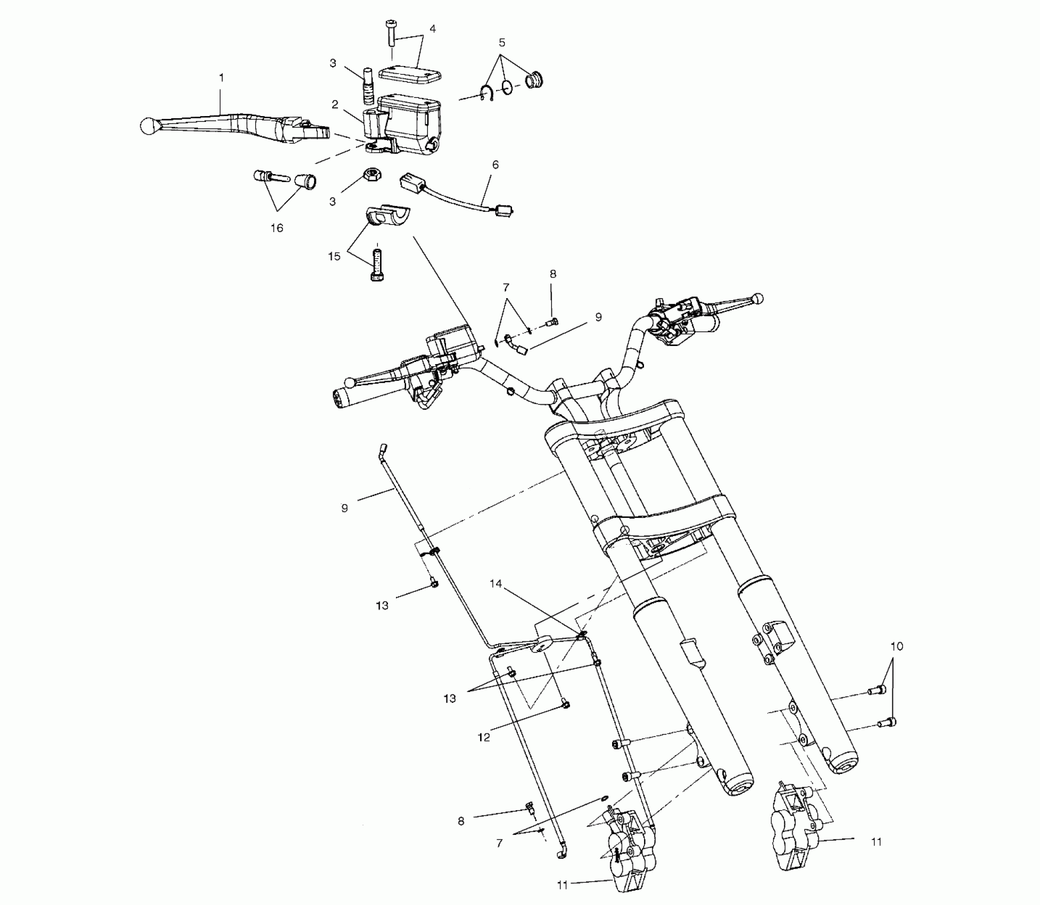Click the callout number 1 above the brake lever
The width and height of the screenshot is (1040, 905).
pyautogui.click(x=221, y=78)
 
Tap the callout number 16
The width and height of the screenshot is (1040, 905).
pyautogui.click(x=277, y=228)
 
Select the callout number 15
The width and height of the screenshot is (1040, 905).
pyautogui.click(x=334, y=257)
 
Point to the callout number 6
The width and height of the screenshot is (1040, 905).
pyautogui.click(x=495, y=165)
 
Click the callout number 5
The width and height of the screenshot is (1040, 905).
pyautogui.click(x=501, y=43)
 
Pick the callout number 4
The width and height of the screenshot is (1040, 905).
pyautogui.click(x=432, y=29)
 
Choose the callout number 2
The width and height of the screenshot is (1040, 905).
pyautogui.click(x=335, y=104)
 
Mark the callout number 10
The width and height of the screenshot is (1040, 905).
pyautogui.click(x=896, y=646)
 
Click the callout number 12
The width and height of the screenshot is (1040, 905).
pyautogui.click(x=484, y=738)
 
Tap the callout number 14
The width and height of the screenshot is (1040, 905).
pyautogui.click(x=496, y=584)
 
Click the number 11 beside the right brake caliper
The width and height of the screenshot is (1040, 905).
pyautogui.click(x=876, y=842)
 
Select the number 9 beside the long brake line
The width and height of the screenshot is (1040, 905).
pyautogui.click(x=344, y=508)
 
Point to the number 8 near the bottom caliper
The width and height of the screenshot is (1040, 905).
pyautogui.click(x=461, y=821)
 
